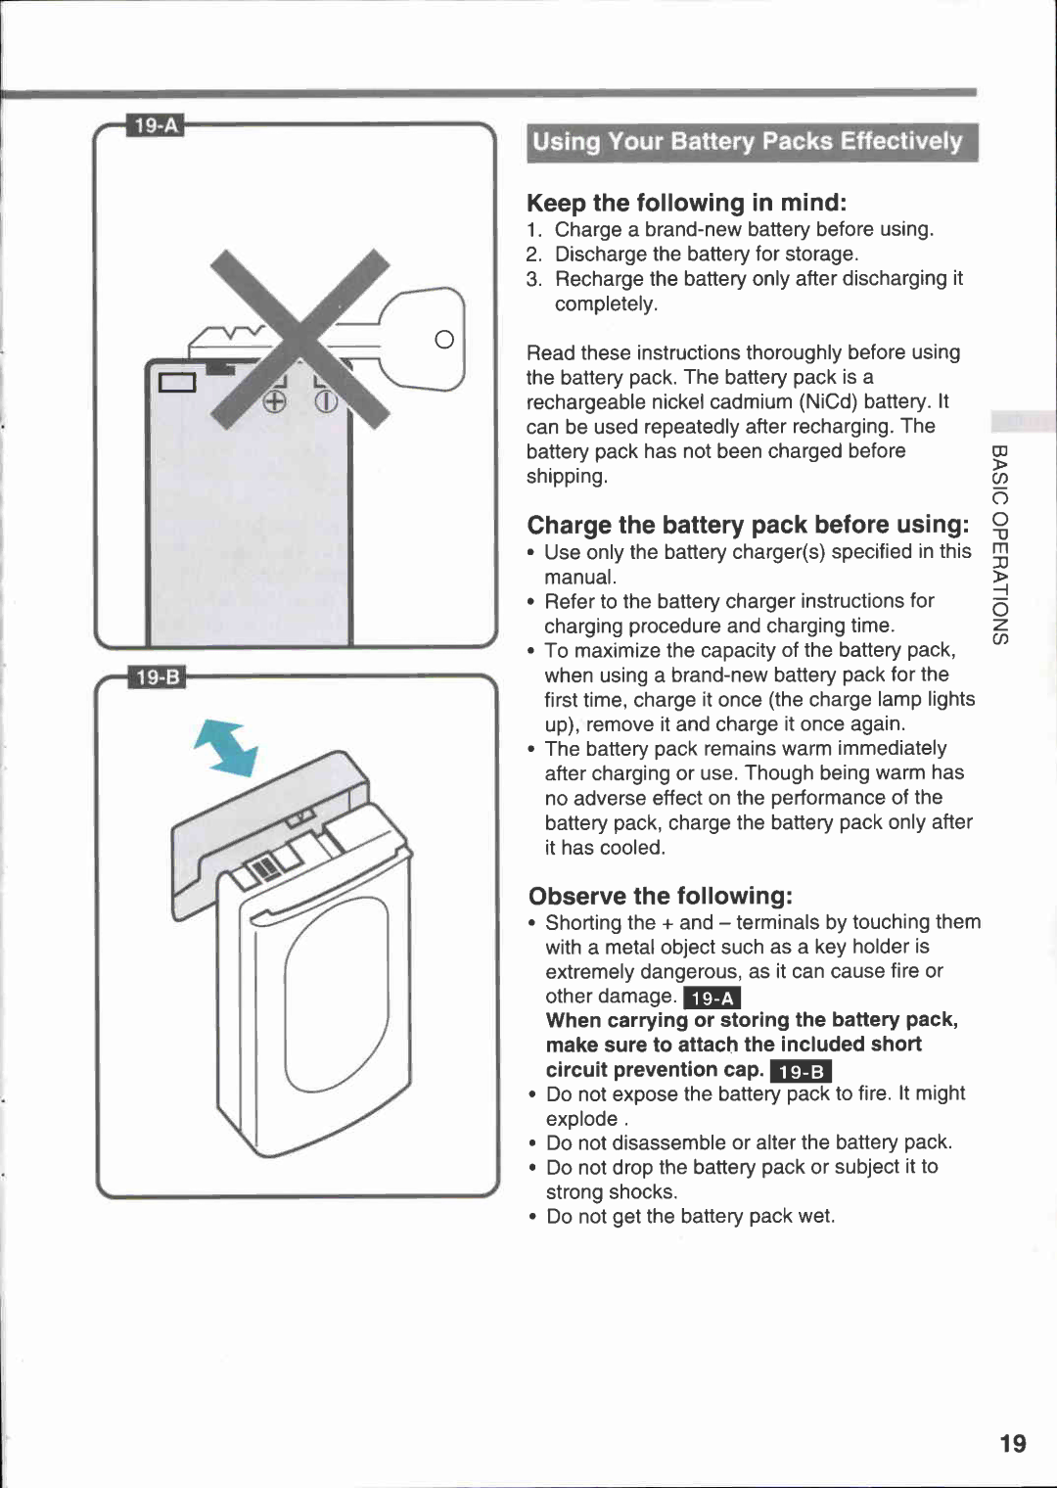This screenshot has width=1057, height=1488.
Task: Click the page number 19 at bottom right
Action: (1013, 1443)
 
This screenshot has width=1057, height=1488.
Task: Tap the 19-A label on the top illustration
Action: (156, 125)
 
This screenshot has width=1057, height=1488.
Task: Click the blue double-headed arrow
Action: (226, 748)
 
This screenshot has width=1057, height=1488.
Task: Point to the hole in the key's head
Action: (444, 340)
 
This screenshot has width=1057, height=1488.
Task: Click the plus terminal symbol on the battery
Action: (274, 401)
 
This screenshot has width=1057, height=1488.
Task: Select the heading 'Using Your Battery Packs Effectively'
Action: (750, 142)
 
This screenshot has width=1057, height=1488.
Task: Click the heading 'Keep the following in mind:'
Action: (686, 203)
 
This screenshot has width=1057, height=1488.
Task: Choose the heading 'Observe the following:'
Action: (660, 896)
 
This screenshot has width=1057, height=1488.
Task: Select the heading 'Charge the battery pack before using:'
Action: (748, 525)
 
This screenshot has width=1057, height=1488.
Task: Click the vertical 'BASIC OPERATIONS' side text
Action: (999, 543)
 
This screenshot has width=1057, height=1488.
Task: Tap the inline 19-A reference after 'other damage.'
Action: (712, 998)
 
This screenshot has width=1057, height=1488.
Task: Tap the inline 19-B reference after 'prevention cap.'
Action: (801, 1071)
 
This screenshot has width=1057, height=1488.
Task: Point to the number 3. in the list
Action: (533, 279)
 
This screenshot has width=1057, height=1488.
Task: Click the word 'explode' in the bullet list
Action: (581, 1119)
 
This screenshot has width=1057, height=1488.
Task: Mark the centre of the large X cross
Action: (300, 339)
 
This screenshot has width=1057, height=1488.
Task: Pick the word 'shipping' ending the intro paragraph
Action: (565, 477)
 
